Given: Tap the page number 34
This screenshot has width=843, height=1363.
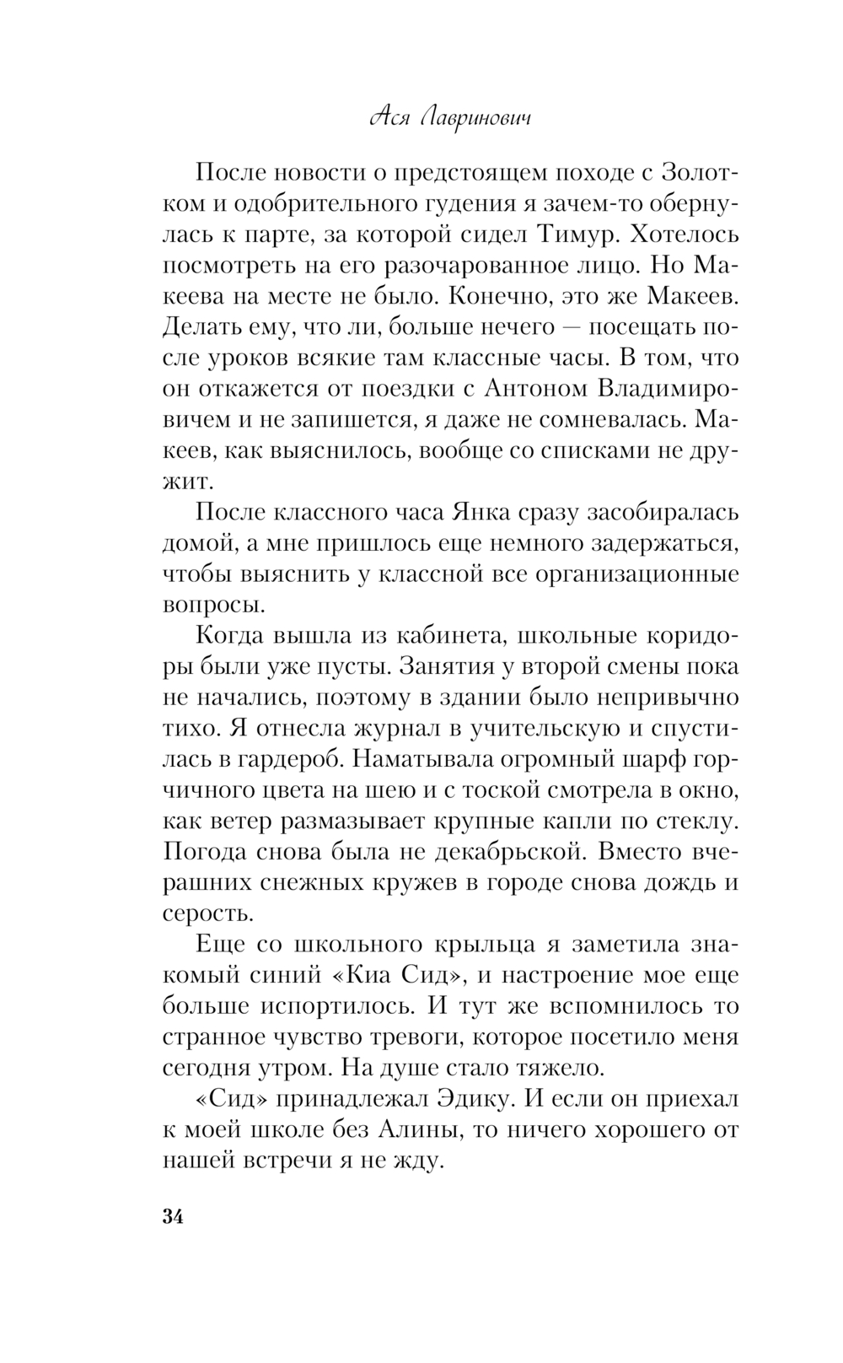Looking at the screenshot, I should click(x=172, y=1216).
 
